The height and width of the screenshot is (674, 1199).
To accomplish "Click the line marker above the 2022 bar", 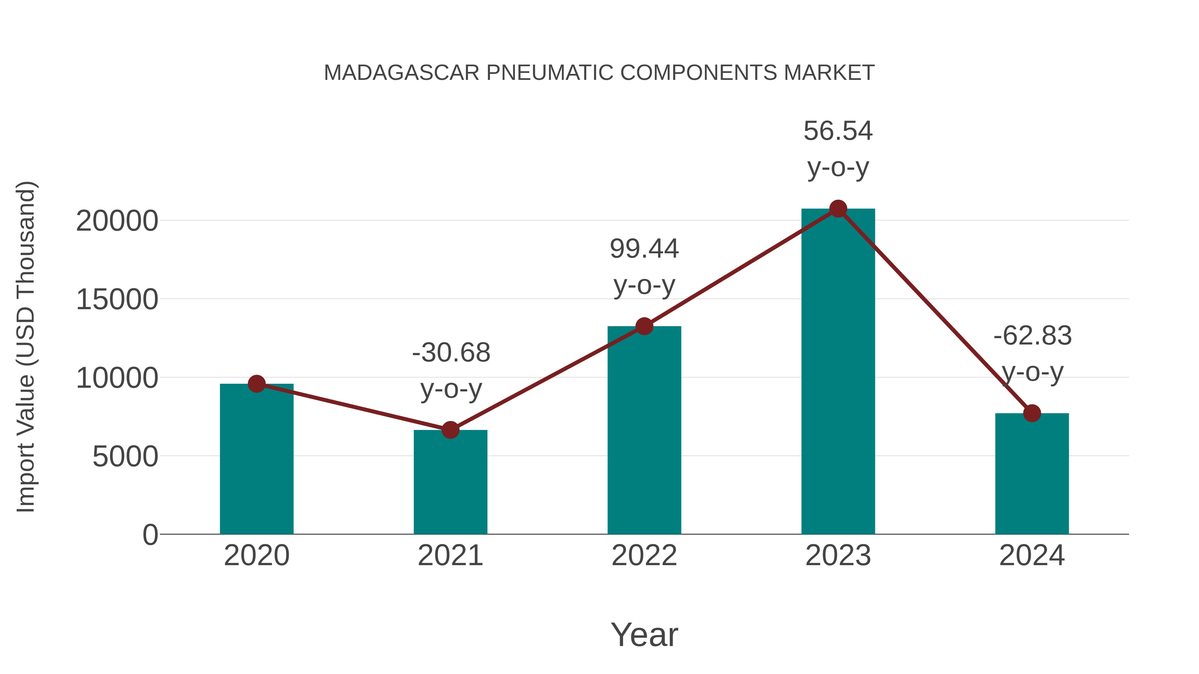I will pyautogui.click(x=644, y=327).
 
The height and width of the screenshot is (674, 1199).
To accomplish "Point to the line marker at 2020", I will pyautogui.click(x=256, y=384).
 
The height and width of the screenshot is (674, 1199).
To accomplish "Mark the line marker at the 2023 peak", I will pyautogui.click(x=838, y=209).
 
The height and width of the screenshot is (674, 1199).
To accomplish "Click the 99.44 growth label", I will pyautogui.click(x=644, y=249).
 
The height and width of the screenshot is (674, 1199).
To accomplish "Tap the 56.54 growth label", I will pyautogui.click(x=838, y=131).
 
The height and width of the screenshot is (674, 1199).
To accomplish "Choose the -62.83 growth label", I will pyautogui.click(x=1032, y=336).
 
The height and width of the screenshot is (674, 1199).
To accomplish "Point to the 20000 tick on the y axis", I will pyautogui.click(x=117, y=221).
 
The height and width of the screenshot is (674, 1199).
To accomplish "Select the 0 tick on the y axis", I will pyautogui.click(x=150, y=535).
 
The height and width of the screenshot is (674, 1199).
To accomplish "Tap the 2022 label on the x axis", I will pyautogui.click(x=644, y=556).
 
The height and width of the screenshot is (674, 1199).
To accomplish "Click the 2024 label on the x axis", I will pyautogui.click(x=1032, y=556).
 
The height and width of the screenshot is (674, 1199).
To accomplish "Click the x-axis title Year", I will pyautogui.click(x=644, y=635).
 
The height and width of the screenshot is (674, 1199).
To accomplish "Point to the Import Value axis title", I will pyautogui.click(x=26, y=346).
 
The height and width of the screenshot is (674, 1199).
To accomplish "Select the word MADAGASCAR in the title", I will pyautogui.click(x=401, y=73).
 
